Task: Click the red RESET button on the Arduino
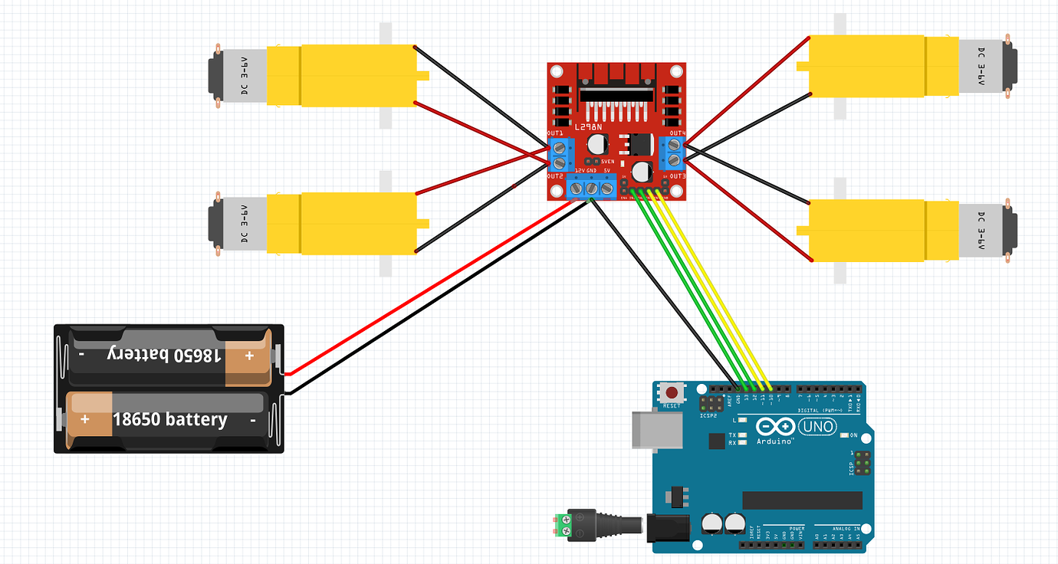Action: coord(672,391)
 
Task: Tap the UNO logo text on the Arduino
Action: coord(817,426)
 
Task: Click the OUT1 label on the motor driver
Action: coord(556,134)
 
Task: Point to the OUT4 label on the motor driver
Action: coord(677,133)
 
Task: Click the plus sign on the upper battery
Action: coord(248,356)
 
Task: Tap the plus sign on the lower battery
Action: coord(84,420)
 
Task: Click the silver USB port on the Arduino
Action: coord(656,429)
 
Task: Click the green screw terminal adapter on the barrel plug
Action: coord(565,525)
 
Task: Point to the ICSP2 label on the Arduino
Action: coord(708,416)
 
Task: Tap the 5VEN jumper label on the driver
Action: coord(607,162)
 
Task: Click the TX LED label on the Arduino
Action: coord(732,434)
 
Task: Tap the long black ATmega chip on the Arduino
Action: coord(802,500)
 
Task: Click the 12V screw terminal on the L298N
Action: coord(577,187)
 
